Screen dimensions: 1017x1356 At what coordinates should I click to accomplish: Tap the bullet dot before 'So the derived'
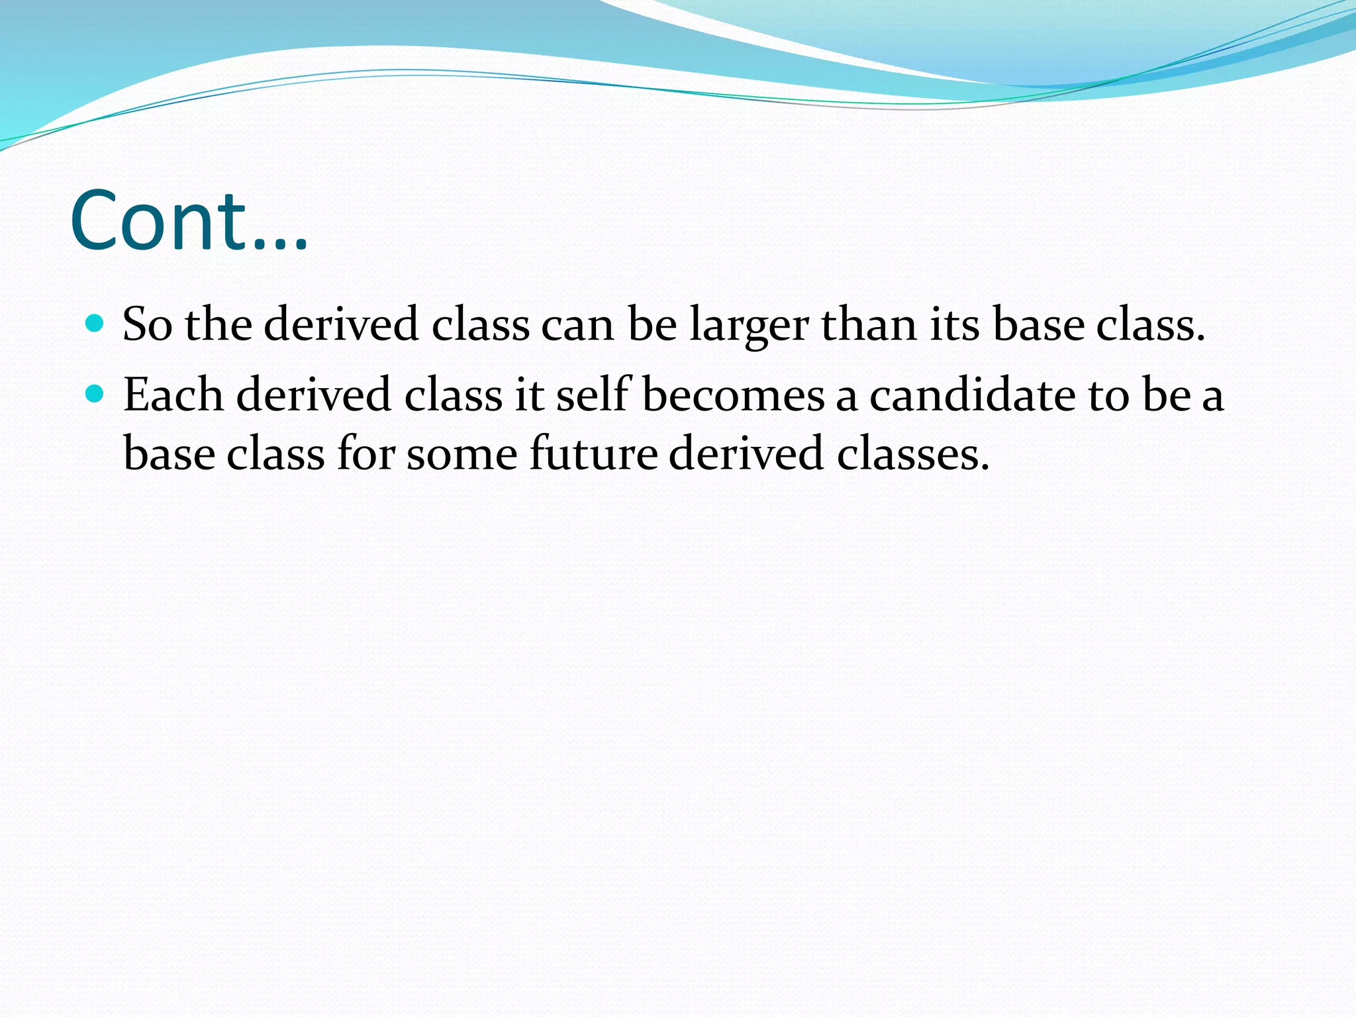pos(95,324)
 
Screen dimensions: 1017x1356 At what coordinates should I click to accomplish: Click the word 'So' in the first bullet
pos(147,325)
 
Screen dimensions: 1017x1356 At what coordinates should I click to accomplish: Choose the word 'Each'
pos(173,395)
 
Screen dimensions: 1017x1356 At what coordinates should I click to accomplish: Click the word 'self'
pos(593,395)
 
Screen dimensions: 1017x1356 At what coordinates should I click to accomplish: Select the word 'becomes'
pos(733,395)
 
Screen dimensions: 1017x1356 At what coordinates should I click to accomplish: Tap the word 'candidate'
pos(973,395)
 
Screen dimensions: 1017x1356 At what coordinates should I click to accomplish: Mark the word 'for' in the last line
pos(365,454)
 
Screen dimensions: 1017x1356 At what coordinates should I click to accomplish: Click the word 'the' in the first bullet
pos(218,325)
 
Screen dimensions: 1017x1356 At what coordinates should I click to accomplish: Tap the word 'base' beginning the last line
pos(169,454)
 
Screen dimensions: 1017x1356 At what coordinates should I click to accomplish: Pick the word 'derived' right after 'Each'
pos(314,395)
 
